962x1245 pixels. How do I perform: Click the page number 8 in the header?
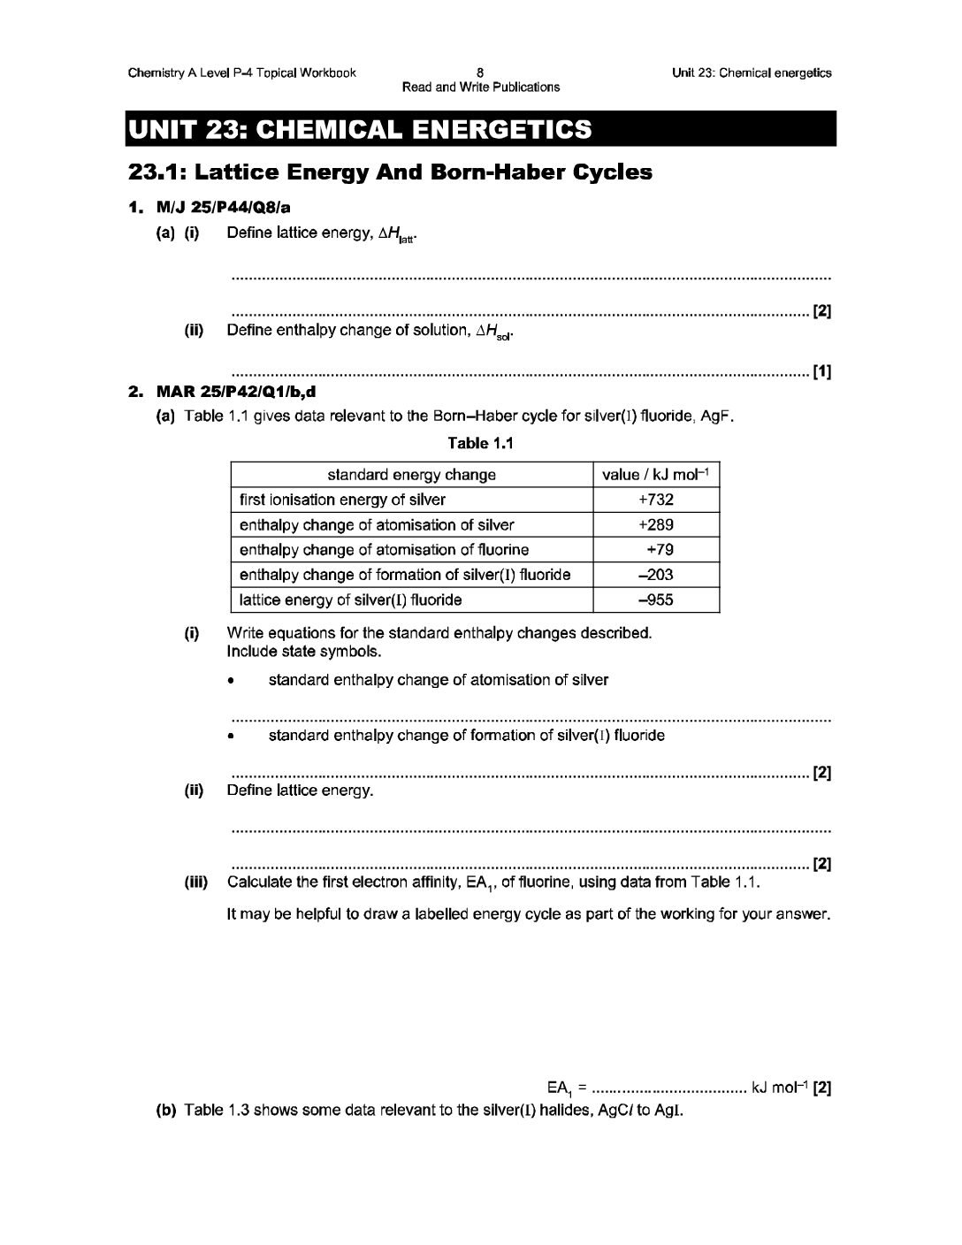(x=479, y=73)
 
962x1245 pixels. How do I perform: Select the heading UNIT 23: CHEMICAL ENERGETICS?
(x=360, y=129)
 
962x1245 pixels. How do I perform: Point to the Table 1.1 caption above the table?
(x=480, y=443)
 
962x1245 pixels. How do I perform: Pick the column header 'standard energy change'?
(x=411, y=475)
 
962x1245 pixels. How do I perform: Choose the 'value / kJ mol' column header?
(x=655, y=475)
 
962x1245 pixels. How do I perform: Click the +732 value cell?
(x=655, y=500)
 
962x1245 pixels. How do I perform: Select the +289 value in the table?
(x=655, y=524)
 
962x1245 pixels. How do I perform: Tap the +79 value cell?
(x=660, y=550)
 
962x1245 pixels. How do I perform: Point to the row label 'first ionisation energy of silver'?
(x=342, y=500)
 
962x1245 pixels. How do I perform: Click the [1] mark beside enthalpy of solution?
(x=821, y=372)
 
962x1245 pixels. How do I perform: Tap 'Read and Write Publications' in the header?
(x=480, y=87)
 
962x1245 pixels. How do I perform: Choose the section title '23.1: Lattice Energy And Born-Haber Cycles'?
(x=390, y=172)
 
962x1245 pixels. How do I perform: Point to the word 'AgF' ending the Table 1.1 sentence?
(x=719, y=416)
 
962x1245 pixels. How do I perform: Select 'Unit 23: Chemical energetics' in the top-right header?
(x=752, y=73)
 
